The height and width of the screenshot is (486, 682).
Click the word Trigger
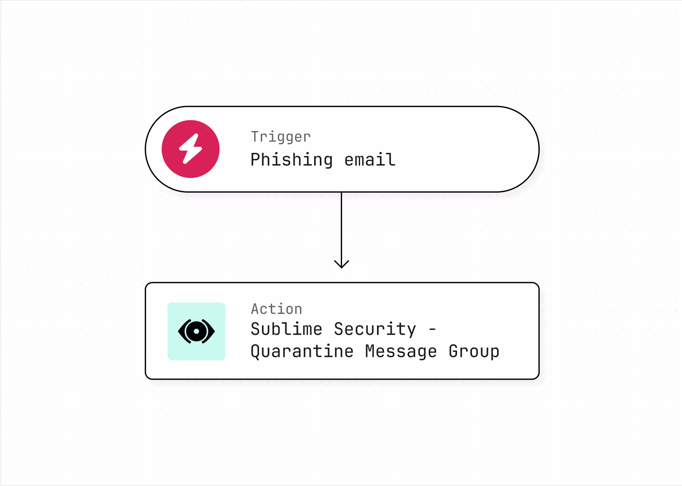pyautogui.click(x=280, y=137)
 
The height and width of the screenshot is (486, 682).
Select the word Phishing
pyautogui.click(x=291, y=160)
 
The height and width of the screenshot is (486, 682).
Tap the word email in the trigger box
pyautogui.click(x=370, y=159)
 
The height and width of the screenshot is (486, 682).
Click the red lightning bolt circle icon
pyautogui.click(x=191, y=149)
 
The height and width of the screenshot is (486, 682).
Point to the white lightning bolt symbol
pyautogui.click(x=191, y=149)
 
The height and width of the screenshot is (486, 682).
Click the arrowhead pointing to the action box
pyautogui.click(x=342, y=264)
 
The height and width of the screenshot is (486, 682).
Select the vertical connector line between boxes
pyautogui.click(x=342, y=230)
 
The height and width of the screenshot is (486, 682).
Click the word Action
pyautogui.click(x=276, y=309)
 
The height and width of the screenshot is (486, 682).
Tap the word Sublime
pyautogui.click(x=286, y=329)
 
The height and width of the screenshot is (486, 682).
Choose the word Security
pyautogui.click(x=375, y=329)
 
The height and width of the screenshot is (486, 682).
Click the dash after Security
pyautogui.click(x=432, y=329)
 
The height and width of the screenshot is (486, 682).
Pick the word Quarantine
pyautogui.click(x=302, y=352)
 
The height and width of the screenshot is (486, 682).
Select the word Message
pyautogui.click(x=401, y=352)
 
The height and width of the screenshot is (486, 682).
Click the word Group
pyautogui.click(x=474, y=352)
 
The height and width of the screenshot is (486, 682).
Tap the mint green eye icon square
pyautogui.click(x=197, y=332)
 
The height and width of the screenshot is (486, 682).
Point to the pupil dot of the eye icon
pyautogui.click(x=197, y=332)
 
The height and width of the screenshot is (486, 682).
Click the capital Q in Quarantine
pyautogui.click(x=256, y=352)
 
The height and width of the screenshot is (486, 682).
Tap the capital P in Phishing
pyautogui.click(x=256, y=159)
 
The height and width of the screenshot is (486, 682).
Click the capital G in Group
pyautogui.click(x=454, y=351)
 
